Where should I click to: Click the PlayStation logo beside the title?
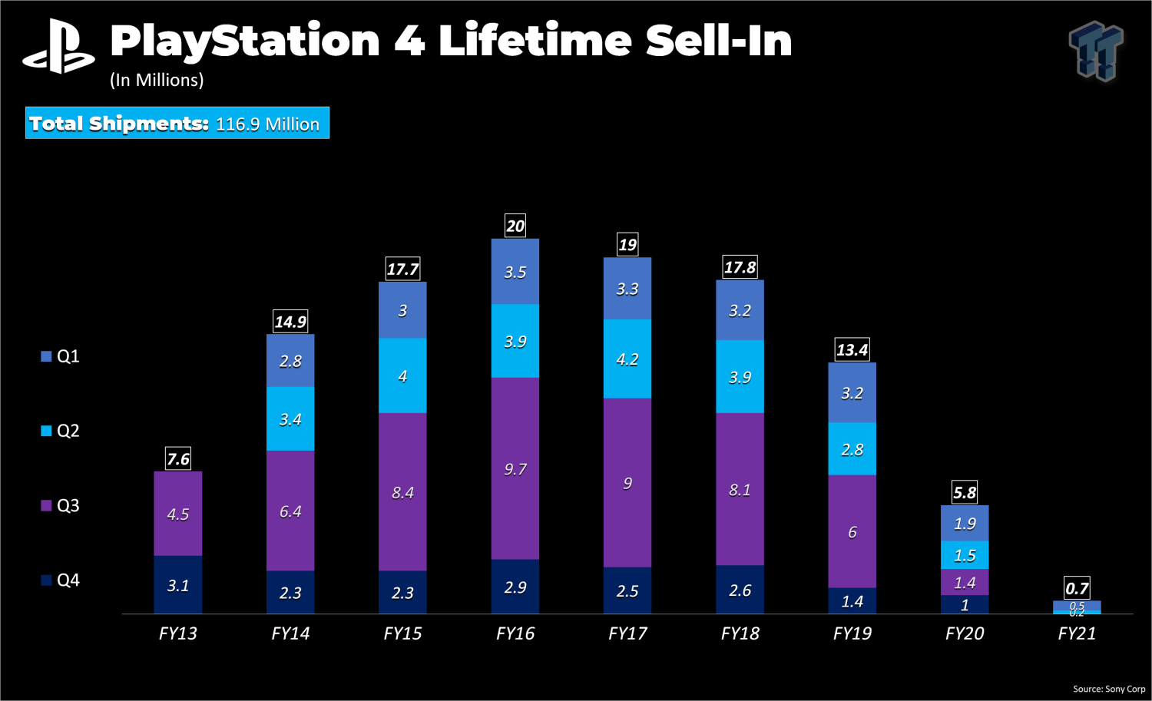[x=58, y=48]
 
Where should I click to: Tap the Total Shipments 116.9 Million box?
[x=177, y=123]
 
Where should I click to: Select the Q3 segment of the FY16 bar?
[x=515, y=468]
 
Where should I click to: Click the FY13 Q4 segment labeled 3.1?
[x=177, y=585]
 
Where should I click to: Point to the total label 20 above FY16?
[x=515, y=226]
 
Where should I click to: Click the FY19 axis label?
[x=852, y=633]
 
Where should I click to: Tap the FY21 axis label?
[x=1077, y=633]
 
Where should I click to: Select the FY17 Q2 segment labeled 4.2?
[x=627, y=359]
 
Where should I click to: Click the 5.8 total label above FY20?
[x=965, y=492]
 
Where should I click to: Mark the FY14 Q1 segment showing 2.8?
[x=290, y=361]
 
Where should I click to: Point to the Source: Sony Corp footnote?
[x=1108, y=689]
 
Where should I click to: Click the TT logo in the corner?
[x=1096, y=51]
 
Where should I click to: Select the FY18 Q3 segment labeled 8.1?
[x=740, y=489]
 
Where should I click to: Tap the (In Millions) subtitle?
[x=157, y=80]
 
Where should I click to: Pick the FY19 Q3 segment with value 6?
[x=852, y=531]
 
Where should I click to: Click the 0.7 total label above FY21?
[x=1077, y=588]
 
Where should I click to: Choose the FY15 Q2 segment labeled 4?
[x=402, y=376]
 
